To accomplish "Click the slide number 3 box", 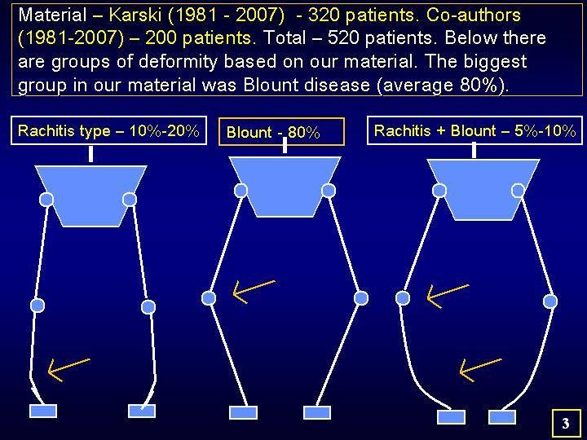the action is click(x=565, y=423).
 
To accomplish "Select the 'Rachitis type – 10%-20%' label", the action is click(x=108, y=130).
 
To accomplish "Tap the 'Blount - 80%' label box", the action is click(x=281, y=132).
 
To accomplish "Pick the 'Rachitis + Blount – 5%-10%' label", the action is click(x=474, y=130).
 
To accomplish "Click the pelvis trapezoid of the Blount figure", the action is click(x=285, y=187).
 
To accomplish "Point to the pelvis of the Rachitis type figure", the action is click(x=91, y=196).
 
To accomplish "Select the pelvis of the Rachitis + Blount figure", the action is click(x=483, y=189).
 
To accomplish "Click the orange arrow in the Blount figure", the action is click(x=254, y=292).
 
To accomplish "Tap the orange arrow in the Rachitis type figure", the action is click(x=68, y=370).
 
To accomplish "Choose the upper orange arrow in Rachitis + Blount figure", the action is click(x=448, y=297).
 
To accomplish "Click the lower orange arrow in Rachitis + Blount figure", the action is click(x=480, y=370).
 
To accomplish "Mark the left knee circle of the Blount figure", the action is click(x=209, y=298).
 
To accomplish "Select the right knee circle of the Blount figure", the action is click(x=361, y=298).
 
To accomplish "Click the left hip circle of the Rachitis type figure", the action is click(x=46, y=200).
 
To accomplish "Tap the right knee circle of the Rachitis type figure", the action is click(x=148, y=307).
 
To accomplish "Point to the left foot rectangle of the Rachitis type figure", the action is click(x=43, y=411).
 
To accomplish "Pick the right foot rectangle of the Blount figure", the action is click(x=317, y=412).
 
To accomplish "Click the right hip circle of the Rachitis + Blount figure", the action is click(x=518, y=191).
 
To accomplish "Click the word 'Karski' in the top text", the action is click(x=135, y=15).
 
